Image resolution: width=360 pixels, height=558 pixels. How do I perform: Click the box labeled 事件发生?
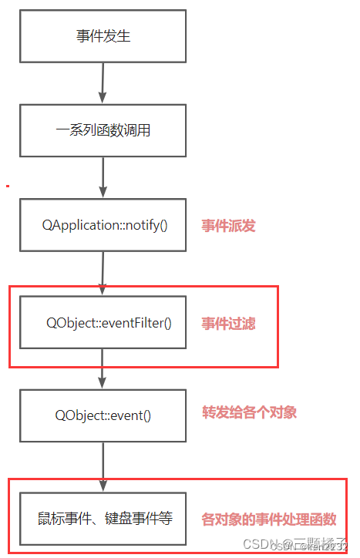tap(103, 36)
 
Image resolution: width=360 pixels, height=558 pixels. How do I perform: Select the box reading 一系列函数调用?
tap(103, 130)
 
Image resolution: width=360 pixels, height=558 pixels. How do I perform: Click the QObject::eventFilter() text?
tap(109, 322)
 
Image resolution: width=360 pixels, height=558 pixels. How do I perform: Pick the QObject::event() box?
tap(103, 415)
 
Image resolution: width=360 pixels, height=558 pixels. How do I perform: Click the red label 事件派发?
tap(228, 226)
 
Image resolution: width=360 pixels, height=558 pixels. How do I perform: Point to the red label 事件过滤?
tap(228, 323)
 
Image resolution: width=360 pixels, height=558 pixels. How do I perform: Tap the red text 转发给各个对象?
tap(249, 412)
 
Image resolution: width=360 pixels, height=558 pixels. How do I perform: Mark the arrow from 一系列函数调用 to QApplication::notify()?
tap(103, 177)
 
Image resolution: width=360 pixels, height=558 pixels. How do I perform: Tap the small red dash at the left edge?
tap(7, 185)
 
